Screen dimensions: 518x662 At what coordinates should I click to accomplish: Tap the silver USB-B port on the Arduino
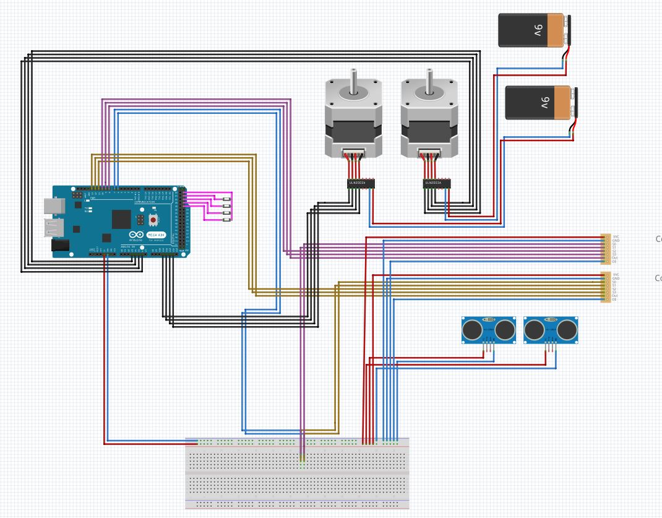coord(53,206)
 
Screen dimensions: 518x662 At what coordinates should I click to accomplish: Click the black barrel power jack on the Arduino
coord(59,245)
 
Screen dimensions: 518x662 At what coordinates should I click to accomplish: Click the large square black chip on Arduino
coord(121,218)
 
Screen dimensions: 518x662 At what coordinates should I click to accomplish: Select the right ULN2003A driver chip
coord(436,183)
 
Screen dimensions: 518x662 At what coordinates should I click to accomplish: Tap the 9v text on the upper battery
coord(537,30)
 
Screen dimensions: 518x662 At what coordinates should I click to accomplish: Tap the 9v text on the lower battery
coord(544,102)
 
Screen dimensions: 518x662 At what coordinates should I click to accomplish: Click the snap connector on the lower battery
coord(575,102)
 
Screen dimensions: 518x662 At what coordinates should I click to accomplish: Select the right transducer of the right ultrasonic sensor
coord(567,330)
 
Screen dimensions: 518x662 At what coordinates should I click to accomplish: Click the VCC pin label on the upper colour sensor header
coord(615,236)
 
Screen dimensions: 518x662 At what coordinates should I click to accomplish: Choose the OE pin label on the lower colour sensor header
coord(614,300)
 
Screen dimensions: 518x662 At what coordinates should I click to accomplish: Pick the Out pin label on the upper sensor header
coord(614,257)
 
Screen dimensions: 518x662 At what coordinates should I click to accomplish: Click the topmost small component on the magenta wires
coord(227,198)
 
